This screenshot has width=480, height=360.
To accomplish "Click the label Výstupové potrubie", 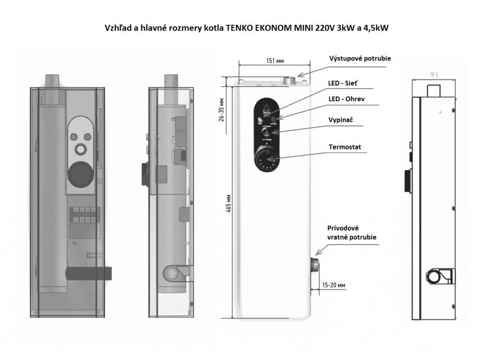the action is [x=359, y=59].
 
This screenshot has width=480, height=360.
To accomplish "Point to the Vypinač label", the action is [x=341, y=120].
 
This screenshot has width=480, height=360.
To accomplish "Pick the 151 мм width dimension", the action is [x=274, y=60].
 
